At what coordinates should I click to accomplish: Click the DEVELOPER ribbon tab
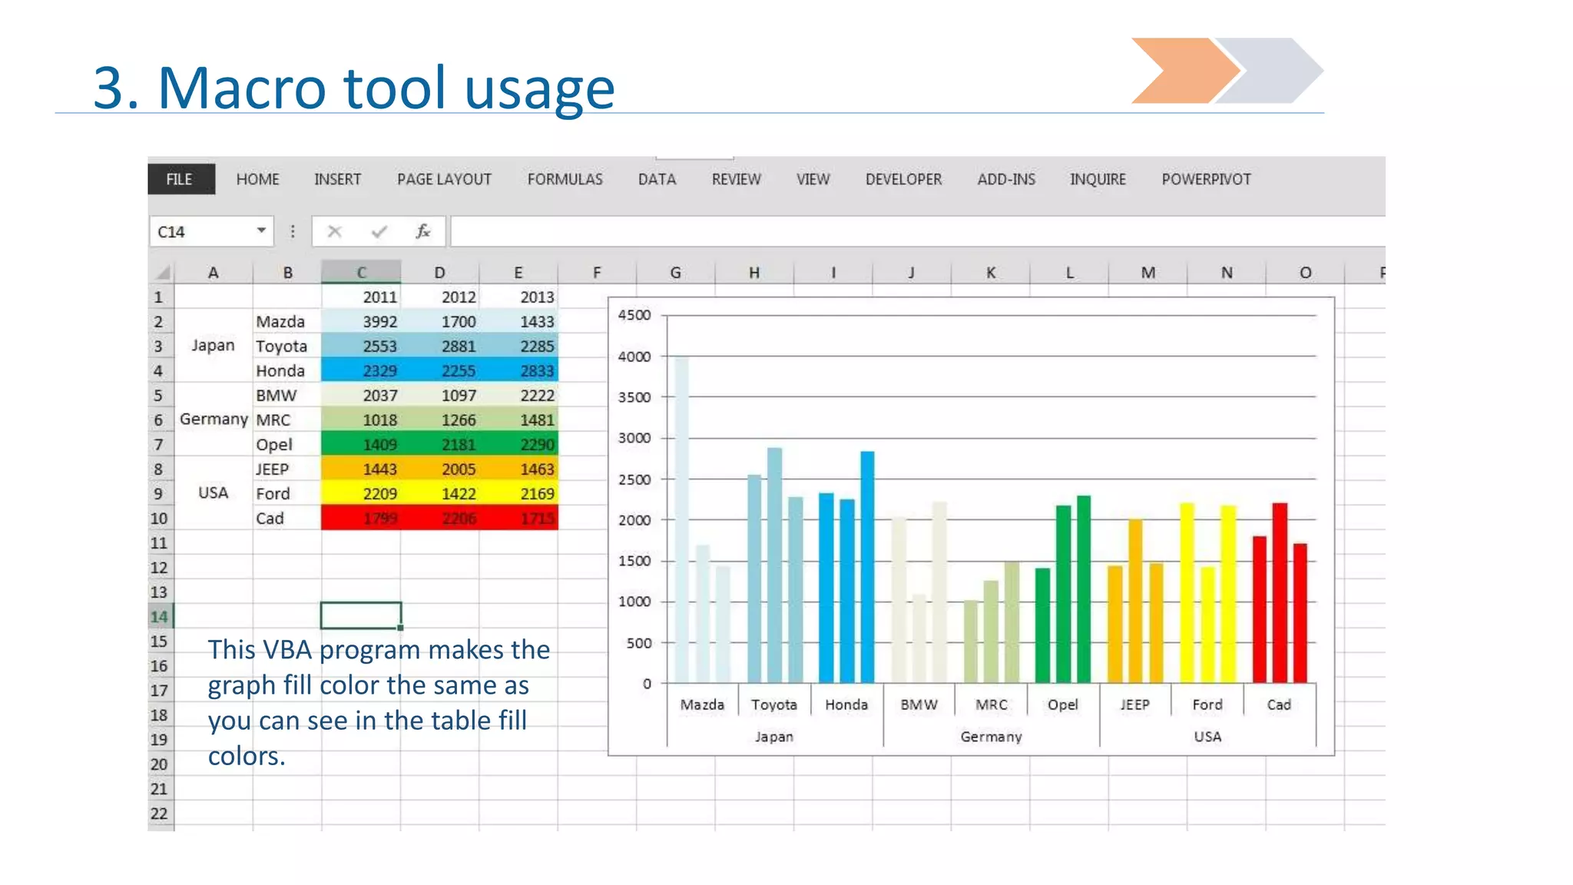(x=903, y=179)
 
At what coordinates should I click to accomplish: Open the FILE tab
(x=180, y=179)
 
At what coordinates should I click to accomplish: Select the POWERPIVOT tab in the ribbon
(x=1206, y=179)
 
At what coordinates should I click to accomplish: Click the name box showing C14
(x=204, y=232)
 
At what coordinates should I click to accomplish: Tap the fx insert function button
(x=422, y=231)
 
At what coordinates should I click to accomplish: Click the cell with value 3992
(x=379, y=322)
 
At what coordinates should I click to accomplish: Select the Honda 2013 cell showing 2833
(x=536, y=371)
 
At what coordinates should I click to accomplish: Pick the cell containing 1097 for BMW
(x=459, y=396)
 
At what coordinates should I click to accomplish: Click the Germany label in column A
(x=214, y=419)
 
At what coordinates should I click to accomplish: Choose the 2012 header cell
(x=459, y=297)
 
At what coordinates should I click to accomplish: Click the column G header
(x=675, y=273)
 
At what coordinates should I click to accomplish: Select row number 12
(x=159, y=568)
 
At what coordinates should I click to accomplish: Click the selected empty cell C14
(x=360, y=615)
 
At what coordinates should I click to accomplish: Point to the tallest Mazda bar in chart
(x=681, y=522)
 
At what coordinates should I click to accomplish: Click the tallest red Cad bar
(x=1280, y=592)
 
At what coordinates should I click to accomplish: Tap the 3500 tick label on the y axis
(x=634, y=397)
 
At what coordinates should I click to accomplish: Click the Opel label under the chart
(x=1063, y=704)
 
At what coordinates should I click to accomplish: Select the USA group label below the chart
(x=1207, y=737)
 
